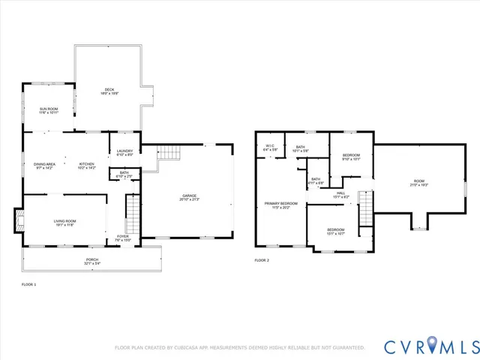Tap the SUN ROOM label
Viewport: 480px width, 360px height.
[48, 109]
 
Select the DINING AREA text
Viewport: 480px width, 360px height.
[44, 164]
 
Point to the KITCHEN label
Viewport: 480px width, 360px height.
[87, 164]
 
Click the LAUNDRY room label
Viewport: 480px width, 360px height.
[124, 151]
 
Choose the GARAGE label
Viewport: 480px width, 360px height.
[188, 196]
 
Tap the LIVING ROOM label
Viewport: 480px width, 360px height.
[64, 221]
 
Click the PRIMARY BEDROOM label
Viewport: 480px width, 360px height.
[280, 204]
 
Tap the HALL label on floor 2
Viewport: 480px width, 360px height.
[340, 194]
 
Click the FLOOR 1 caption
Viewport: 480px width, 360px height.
[28, 285]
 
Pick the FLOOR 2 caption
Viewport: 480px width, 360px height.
[261, 260]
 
